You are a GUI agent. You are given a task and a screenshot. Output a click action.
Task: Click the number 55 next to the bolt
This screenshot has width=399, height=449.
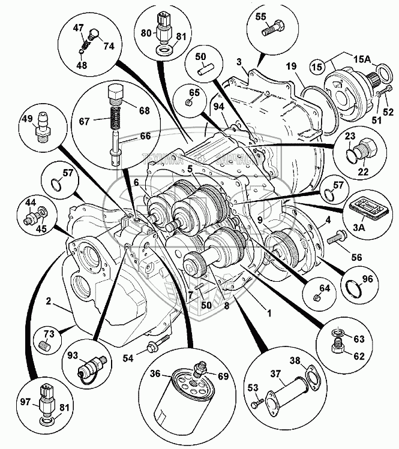tap(277, 17)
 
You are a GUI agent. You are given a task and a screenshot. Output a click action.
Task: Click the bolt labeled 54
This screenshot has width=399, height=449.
tap(152, 346)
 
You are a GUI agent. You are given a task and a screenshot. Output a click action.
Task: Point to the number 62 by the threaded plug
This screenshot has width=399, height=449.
tap(359, 355)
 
